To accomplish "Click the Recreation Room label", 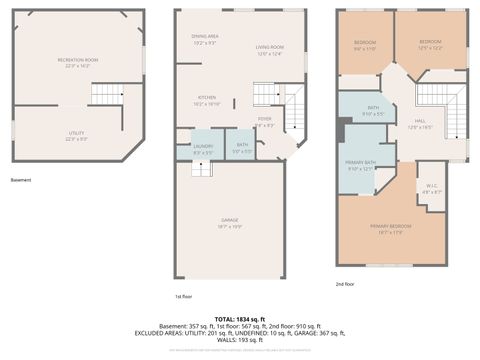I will coord(77,62).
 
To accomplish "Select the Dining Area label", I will coord(205,39).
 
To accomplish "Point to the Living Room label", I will coord(270,50).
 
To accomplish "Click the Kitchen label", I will coord(205,100).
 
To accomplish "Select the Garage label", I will coord(230,223).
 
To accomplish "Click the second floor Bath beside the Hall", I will coord(372,110).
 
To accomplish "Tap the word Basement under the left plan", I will coord(20,180).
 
